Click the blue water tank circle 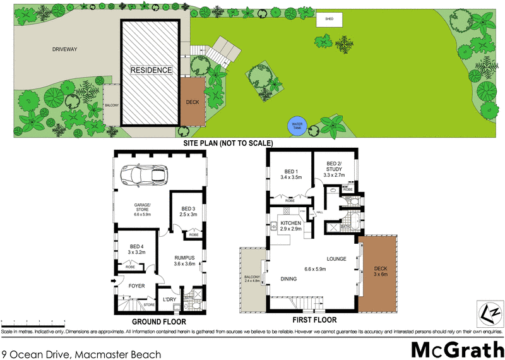pos(297,126)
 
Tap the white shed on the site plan pos(330,20)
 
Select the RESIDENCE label pos(151,69)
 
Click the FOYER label pos(137,285)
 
